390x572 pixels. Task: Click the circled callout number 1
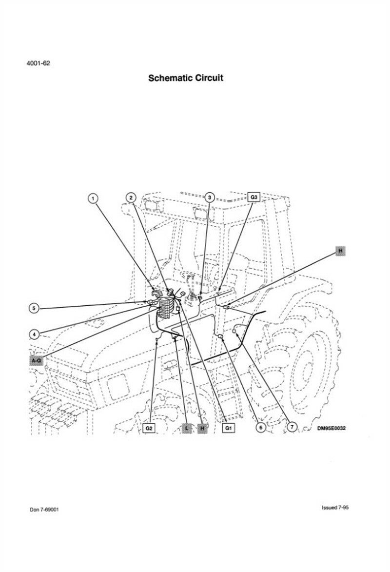[94, 198]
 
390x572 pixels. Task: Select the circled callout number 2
[131, 197]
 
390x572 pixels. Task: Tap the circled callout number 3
[209, 197]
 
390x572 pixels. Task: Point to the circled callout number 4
[34, 334]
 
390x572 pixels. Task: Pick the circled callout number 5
[34, 309]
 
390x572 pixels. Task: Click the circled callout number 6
[260, 427]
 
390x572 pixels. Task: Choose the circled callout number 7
[292, 427]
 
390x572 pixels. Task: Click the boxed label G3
[254, 197]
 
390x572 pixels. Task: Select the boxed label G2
[149, 428]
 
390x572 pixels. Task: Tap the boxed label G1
[228, 428]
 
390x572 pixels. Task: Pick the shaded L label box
[187, 428]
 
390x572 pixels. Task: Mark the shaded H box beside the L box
[202, 428]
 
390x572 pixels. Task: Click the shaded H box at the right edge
[340, 251]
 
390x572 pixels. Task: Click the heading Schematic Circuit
[186, 78]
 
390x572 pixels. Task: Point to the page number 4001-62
[39, 63]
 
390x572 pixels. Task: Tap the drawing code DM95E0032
[331, 428]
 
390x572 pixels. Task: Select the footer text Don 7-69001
[44, 510]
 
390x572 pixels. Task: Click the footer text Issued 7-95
[335, 508]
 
